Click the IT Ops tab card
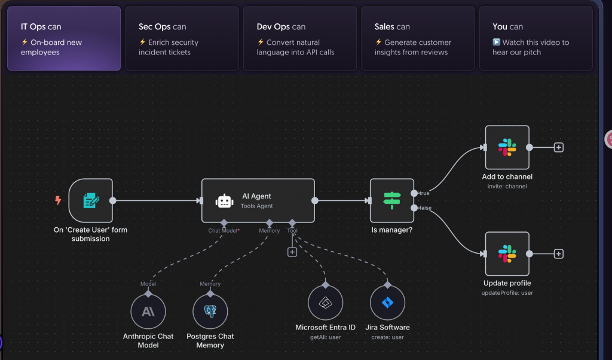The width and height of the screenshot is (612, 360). pyautogui.click(x=64, y=38)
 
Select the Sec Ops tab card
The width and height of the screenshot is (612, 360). pyautogui.click(x=182, y=38)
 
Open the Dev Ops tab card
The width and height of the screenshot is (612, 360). pyautogui.click(x=299, y=38)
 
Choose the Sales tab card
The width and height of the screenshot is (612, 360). pyautogui.click(x=418, y=38)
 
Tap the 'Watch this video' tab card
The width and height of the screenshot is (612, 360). pyautogui.click(x=535, y=38)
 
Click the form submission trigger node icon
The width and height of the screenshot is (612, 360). pyautogui.click(x=91, y=200)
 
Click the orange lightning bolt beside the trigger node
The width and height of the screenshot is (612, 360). pyautogui.click(x=58, y=200)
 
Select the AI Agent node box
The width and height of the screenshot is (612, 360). pyautogui.click(x=258, y=200)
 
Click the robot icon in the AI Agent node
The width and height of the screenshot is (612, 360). pyautogui.click(x=224, y=201)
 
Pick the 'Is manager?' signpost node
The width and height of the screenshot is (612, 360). pyautogui.click(x=391, y=200)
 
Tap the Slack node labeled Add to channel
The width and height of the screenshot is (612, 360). pyautogui.click(x=507, y=147)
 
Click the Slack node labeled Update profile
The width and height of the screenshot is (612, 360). pyautogui.click(x=507, y=254)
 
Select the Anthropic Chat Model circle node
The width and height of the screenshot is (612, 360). pyautogui.click(x=148, y=312)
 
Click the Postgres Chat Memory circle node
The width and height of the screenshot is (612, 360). pyautogui.click(x=210, y=312)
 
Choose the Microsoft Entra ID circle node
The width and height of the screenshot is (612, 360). pyautogui.click(x=325, y=303)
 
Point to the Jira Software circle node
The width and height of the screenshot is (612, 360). pyautogui.click(x=387, y=303)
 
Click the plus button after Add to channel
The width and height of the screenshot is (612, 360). pyautogui.click(x=558, y=147)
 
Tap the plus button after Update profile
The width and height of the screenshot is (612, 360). pyautogui.click(x=558, y=254)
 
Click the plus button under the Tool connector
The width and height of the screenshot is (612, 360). pyautogui.click(x=292, y=252)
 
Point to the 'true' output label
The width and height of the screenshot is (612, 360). pyautogui.click(x=424, y=193)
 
